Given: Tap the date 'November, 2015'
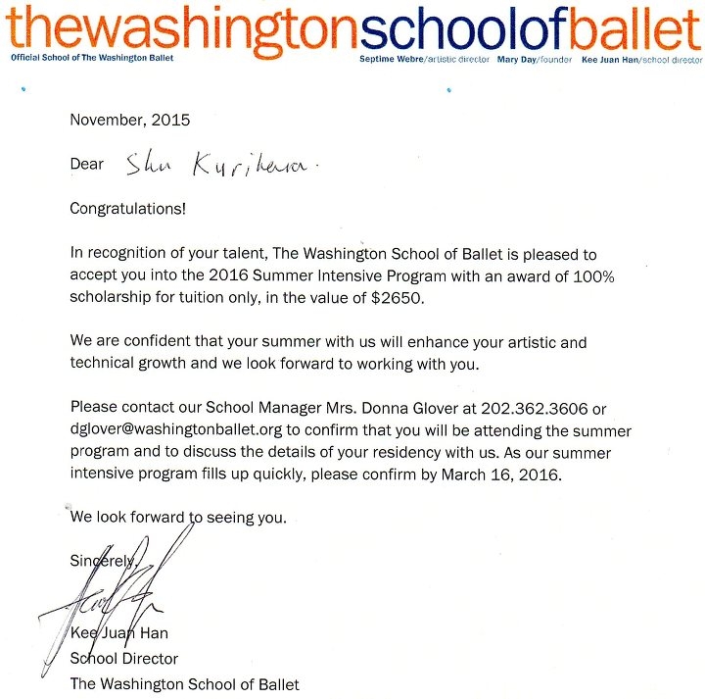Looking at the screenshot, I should click(129, 121).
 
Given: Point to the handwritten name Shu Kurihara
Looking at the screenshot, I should click(215, 166).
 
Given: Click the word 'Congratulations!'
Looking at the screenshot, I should click(127, 209).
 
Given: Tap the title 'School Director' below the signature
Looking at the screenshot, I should click(123, 659).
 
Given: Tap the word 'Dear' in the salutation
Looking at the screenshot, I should click(87, 165).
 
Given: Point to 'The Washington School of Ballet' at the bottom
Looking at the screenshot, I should click(184, 683).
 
